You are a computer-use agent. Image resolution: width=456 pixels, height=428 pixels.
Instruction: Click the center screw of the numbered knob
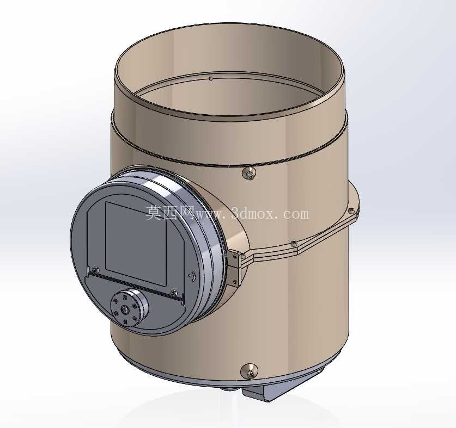125,311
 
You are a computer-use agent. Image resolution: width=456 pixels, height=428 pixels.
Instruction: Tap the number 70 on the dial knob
125,298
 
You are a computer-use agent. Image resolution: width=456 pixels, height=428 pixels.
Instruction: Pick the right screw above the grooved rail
174,292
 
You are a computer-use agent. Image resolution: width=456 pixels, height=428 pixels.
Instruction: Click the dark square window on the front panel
136,244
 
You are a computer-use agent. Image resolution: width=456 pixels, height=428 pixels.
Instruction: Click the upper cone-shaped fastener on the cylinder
248,173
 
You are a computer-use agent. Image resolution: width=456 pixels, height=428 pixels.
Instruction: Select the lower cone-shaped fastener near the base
249,371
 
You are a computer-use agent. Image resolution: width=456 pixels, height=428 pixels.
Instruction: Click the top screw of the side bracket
235,256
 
